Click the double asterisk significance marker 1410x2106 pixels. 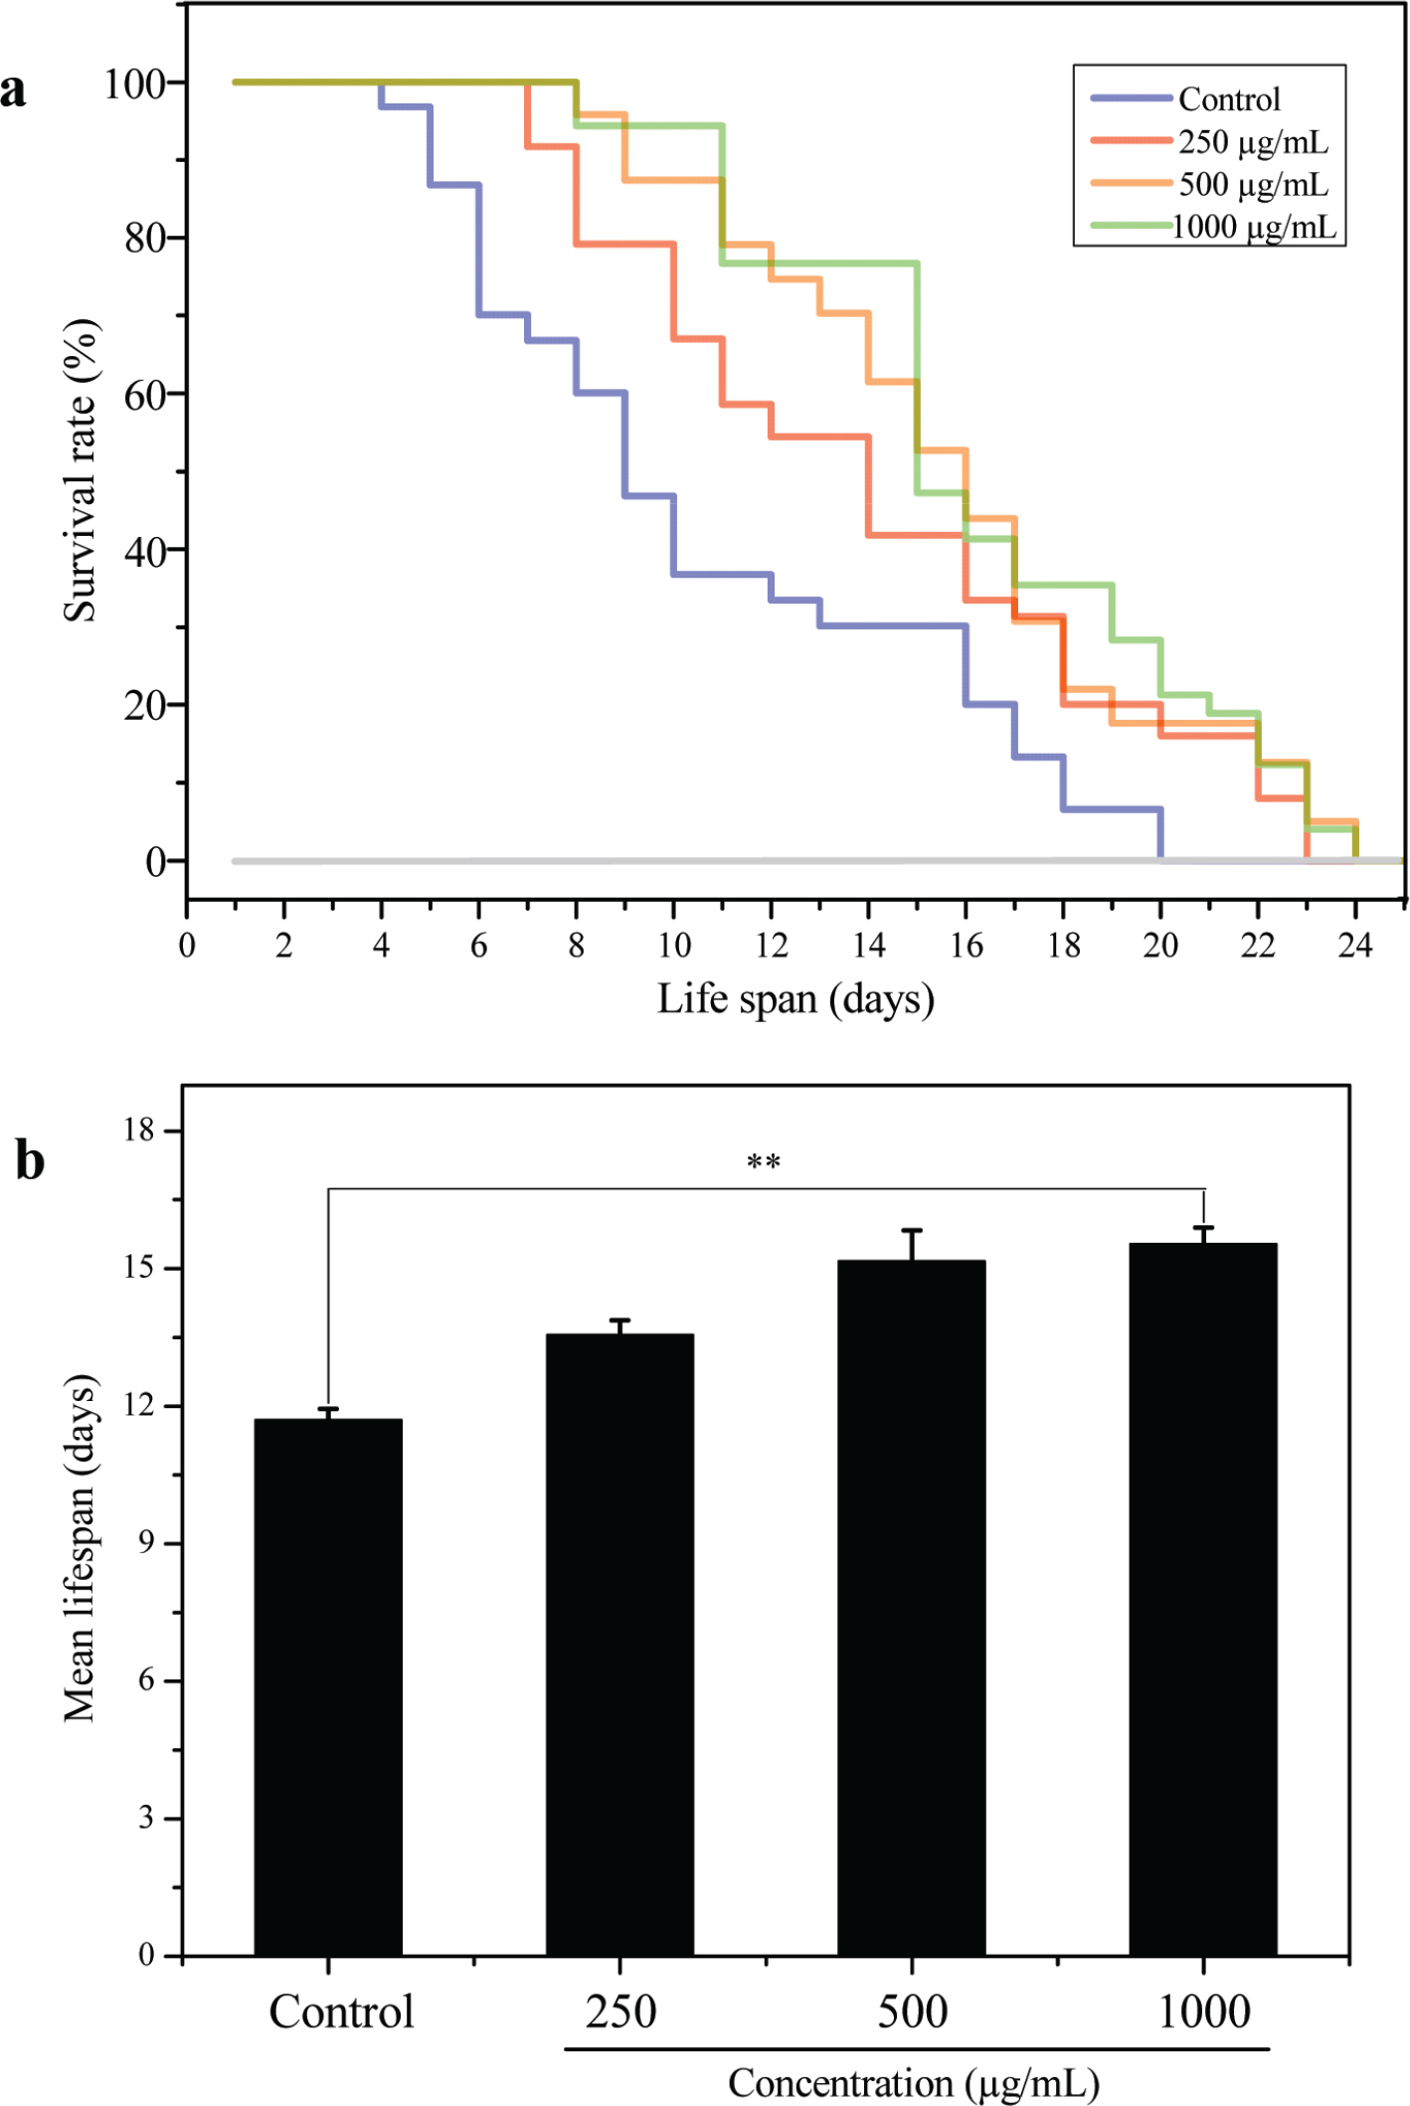click(764, 1161)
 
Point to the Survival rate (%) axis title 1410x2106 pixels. click(81, 470)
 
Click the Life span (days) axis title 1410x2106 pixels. click(795, 998)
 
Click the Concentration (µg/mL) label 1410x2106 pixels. click(914, 2082)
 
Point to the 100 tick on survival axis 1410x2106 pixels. click(134, 84)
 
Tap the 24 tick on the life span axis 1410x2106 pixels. click(1355, 945)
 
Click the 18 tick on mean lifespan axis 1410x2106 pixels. click(139, 1130)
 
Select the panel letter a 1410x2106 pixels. click(13, 89)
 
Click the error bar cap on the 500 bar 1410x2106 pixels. click(912, 1231)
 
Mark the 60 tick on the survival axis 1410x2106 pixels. click(144, 395)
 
